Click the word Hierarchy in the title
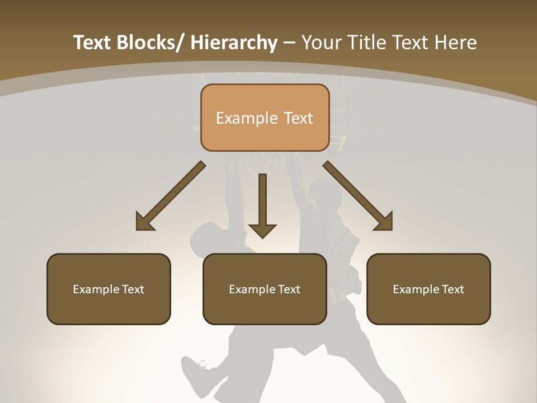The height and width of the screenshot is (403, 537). (x=234, y=43)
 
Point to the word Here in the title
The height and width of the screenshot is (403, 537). (x=456, y=43)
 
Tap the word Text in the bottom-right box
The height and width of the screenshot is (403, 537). (x=452, y=289)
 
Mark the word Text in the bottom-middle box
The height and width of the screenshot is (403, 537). (x=289, y=289)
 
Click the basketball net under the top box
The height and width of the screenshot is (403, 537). (x=266, y=162)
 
